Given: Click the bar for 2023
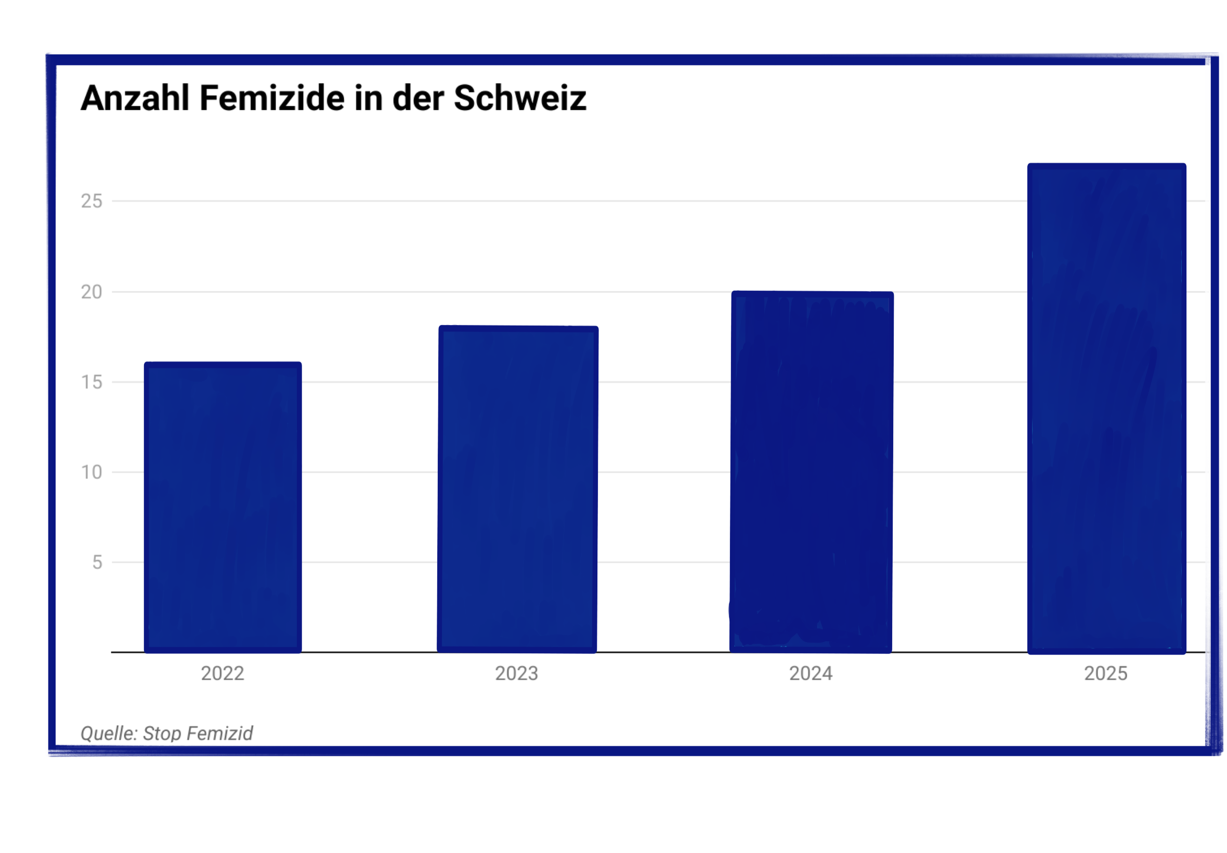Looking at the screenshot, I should pyautogui.click(x=517, y=488).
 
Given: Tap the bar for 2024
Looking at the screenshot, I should pyautogui.click(x=811, y=471).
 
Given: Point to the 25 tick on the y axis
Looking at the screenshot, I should pyautogui.click(x=92, y=201).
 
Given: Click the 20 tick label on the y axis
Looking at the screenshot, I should pyautogui.click(x=92, y=292).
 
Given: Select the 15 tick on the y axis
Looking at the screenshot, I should pyautogui.click(x=92, y=382).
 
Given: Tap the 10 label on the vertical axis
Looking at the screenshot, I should pyautogui.click(x=92, y=472).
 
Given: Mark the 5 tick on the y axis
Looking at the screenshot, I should pyautogui.click(x=97, y=562).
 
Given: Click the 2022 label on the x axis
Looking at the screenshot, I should pyautogui.click(x=222, y=674).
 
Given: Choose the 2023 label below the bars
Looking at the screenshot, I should pyautogui.click(x=516, y=674).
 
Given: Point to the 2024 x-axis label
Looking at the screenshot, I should pyautogui.click(x=811, y=674).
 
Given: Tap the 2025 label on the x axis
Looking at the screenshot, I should pyautogui.click(x=1105, y=674).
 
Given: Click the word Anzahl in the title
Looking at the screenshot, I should pyautogui.click(x=135, y=98).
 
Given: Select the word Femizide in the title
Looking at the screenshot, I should pyautogui.click(x=272, y=98).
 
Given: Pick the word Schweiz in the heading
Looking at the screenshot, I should pyautogui.click(x=520, y=98).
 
